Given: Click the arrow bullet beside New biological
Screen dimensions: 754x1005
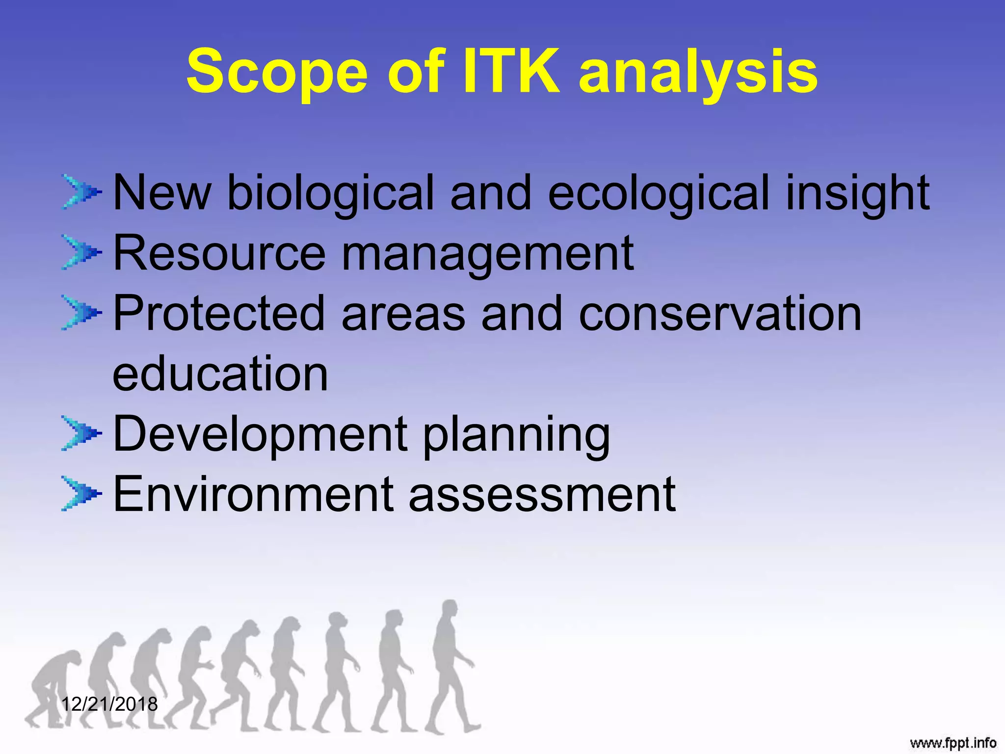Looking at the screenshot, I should coord(81,192).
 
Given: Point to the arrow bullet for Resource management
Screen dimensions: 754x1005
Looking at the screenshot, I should coord(81,252).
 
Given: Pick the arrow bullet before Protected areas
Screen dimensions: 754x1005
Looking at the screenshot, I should coord(81,312).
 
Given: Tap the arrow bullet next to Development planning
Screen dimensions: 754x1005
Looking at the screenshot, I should coord(81,433).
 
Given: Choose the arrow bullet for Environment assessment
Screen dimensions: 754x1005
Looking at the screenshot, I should coord(81,493).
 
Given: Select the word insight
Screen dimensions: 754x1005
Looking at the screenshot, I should coord(857,193).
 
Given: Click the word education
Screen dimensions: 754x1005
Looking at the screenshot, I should coord(220,374).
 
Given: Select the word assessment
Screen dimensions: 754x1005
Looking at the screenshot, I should coord(542,495).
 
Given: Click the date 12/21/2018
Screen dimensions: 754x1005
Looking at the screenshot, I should coord(109,704).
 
